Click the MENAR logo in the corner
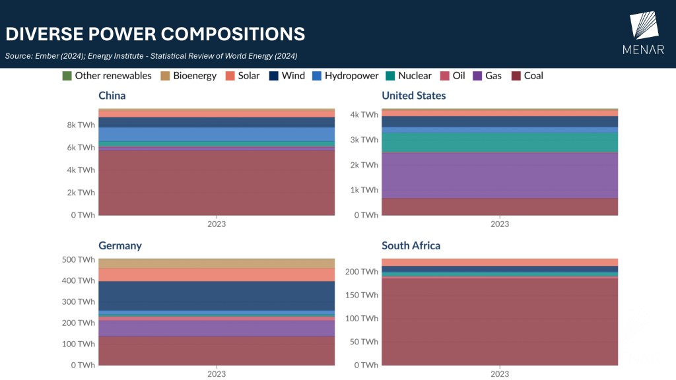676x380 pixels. click(x=643, y=33)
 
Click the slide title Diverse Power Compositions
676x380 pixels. click(x=155, y=34)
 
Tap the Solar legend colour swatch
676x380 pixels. click(x=231, y=76)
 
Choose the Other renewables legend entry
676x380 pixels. click(x=106, y=76)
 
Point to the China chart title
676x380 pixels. click(x=112, y=96)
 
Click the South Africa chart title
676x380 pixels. click(x=411, y=246)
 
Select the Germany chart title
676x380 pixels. click(x=120, y=246)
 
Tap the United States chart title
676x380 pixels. click(x=413, y=96)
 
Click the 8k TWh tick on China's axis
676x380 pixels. click(x=81, y=125)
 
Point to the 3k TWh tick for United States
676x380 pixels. click(x=364, y=140)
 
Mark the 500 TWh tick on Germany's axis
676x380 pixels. click(x=78, y=259)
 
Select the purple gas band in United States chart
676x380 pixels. click(x=500, y=175)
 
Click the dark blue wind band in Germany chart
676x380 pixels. click(x=217, y=296)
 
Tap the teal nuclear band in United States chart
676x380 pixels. click(x=500, y=142)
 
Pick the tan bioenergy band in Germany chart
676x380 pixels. click(x=217, y=264)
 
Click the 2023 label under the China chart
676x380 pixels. click(x=217, y=224)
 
